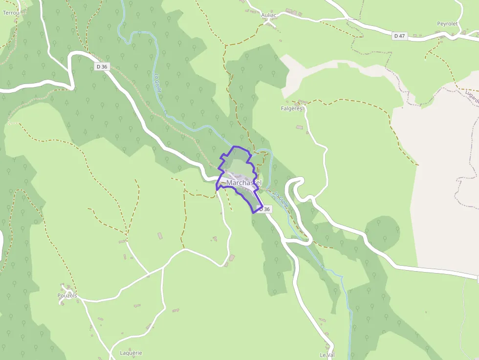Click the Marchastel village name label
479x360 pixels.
click(x=243, y=183)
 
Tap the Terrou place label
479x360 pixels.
click(x=11, y=13)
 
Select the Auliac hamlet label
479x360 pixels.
click(x=269, y=15)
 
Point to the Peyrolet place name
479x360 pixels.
click(x=447, y=23)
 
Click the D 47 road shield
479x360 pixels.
click(x=399, y=36)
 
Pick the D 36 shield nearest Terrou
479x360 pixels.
click(x=102, y=66)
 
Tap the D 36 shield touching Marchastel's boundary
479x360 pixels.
click(x=264, y=209)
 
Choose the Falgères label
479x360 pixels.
click(x=292, y=108)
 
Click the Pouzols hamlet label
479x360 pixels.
click(x=67, y=296)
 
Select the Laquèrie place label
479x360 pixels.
click(x=131, y=353)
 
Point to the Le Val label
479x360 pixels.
click(x=327, y=355)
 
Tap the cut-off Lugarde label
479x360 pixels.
click(x=472, y=97)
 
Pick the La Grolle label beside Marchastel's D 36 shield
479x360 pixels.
click(x=281, y=200)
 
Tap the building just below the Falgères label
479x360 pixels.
click(x=299, y=127)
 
